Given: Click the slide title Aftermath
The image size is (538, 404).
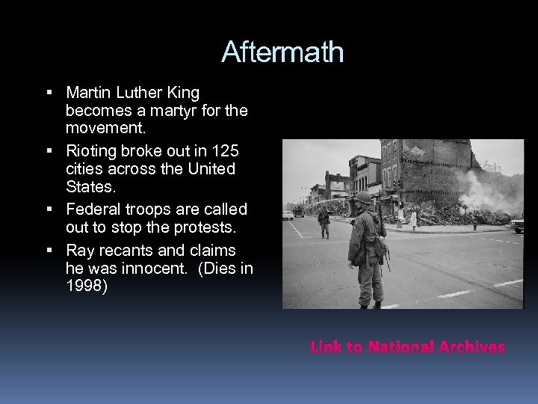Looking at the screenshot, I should point(282,52).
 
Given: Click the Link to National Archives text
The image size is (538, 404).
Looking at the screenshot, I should point(407,347).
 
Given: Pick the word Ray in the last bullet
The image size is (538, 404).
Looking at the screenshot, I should point(80,249).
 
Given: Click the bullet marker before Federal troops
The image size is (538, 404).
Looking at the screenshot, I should point(49,209).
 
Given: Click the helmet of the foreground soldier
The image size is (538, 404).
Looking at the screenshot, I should point(364,198).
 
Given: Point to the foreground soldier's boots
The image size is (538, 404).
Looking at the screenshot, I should point(370,303).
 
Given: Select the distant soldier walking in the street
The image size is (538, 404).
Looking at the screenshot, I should point(324,222).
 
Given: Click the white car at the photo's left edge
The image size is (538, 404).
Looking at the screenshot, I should point(288,215).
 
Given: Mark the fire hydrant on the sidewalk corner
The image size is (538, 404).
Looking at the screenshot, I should point(474,224).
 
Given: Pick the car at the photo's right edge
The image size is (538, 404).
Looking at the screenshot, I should point(517,224).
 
